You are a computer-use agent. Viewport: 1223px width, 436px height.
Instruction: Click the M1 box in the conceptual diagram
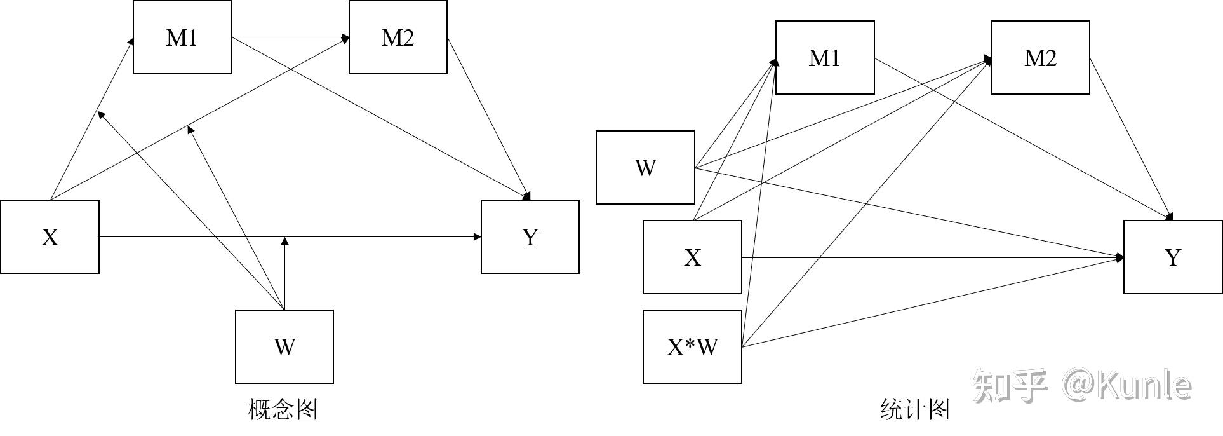point(182,37)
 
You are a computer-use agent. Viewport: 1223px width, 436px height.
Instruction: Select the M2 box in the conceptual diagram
point(398,37)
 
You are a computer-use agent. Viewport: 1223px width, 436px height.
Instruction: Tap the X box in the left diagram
point(50,237)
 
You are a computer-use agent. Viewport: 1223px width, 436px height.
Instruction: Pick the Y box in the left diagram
point(530,237)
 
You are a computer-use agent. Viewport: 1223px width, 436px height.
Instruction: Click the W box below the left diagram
point(284,346)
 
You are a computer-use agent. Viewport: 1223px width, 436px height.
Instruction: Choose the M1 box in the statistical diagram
point(825,58)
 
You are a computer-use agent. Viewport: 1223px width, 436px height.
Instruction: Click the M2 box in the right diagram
point(1040,58)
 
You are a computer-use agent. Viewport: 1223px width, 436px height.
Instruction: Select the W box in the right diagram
point(645,168)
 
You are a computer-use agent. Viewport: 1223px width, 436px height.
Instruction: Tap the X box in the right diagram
point(692,257)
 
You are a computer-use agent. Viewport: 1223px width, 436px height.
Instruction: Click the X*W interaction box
point(692,347)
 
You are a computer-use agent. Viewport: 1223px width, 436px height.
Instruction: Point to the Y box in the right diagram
point(1173,257)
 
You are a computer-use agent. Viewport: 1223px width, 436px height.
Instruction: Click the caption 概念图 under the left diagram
point(283,409)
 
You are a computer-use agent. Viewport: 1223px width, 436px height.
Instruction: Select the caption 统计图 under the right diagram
point(915,409)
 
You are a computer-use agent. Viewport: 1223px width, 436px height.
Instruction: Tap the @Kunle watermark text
point(1127,385)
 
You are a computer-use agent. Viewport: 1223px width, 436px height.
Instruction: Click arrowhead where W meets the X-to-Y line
point(285,241)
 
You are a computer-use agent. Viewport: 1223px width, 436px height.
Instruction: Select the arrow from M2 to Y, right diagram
point(1130,139)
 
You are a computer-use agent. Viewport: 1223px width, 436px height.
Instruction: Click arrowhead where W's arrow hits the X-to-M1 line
point(100,114)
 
